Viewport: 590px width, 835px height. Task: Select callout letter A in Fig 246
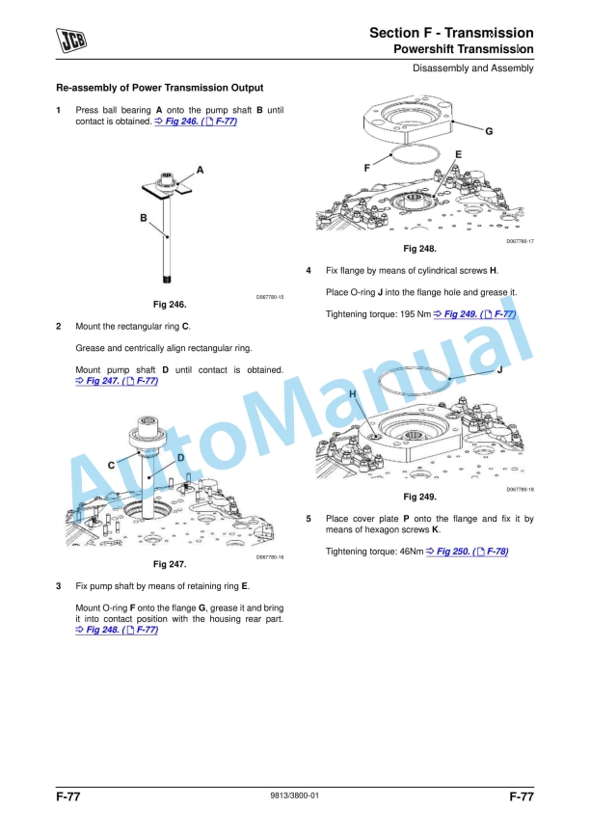200,169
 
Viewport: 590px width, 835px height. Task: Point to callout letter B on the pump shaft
144,219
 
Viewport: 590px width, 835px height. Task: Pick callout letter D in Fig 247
180,456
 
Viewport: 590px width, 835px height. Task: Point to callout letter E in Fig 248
457,154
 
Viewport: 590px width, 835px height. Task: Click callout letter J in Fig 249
499,369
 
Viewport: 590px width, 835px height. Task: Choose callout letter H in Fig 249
353,395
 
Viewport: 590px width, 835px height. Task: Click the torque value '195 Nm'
412,314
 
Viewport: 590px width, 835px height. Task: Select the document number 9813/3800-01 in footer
294,795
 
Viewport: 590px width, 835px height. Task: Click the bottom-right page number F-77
521,796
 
